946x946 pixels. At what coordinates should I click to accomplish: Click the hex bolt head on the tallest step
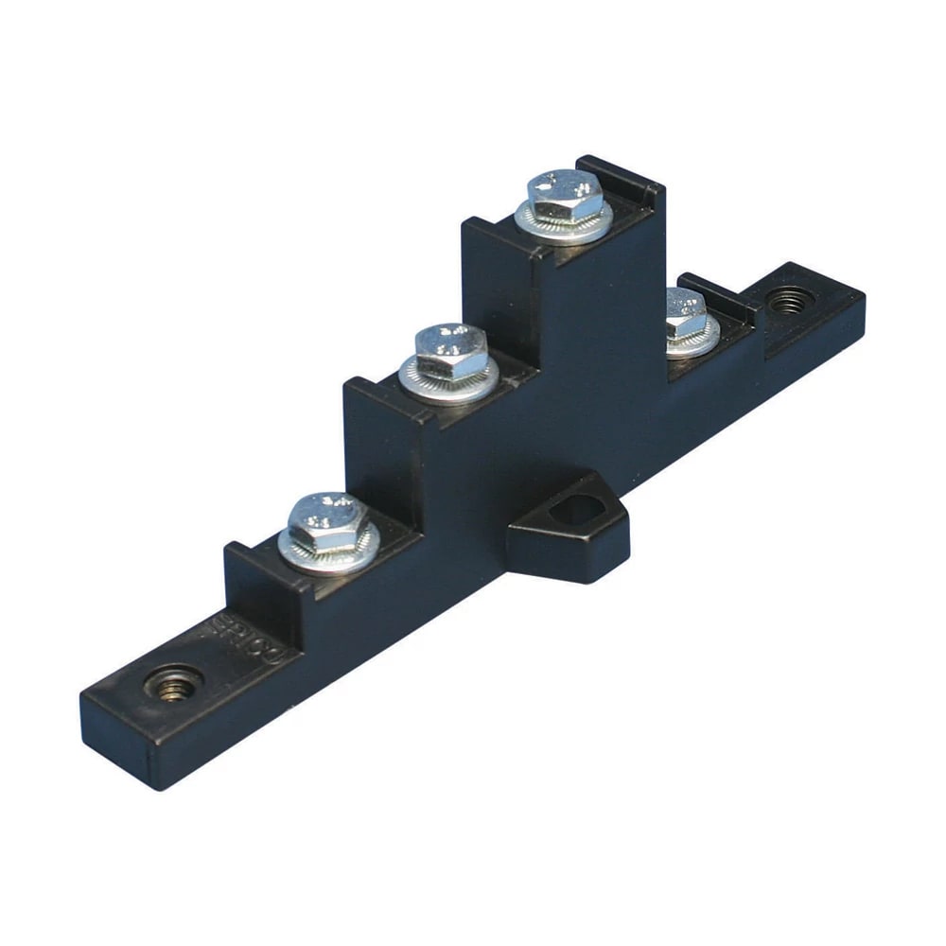tap(565, 195)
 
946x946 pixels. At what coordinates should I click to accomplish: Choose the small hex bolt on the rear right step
tap(687, 316)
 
